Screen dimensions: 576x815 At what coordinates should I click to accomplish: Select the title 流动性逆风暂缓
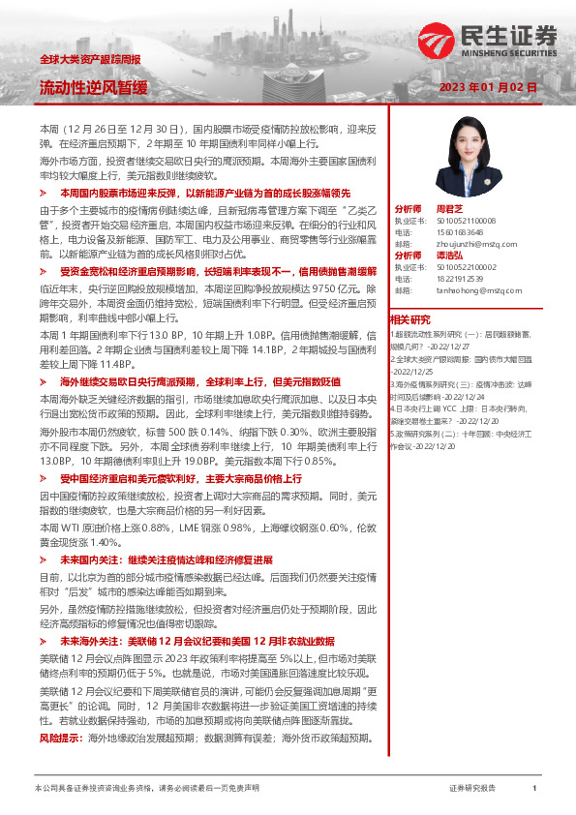93,88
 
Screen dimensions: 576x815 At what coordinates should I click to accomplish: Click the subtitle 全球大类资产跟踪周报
90,60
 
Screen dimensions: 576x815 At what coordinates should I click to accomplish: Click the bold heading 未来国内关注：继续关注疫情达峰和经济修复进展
166,559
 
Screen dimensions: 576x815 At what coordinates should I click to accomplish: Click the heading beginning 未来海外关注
197,641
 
